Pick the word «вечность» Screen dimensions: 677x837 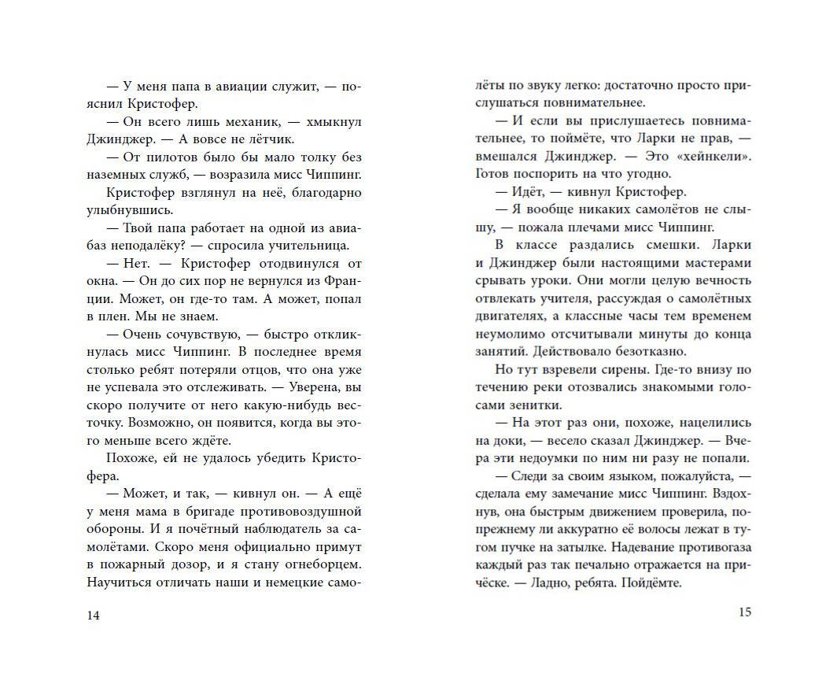pos(719,281)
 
